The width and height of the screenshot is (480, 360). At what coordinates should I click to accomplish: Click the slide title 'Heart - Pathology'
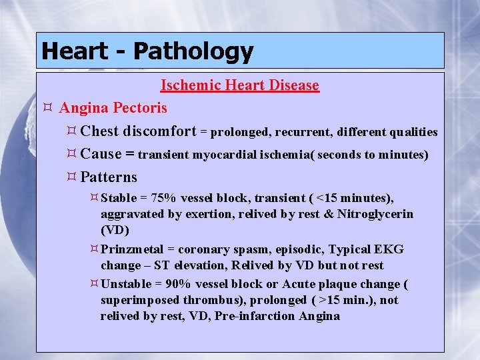(x=147, y=51)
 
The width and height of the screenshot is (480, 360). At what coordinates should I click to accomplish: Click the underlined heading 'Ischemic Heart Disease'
(x=240, y=85)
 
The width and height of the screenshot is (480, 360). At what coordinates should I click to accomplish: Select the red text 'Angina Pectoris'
(x=113, y=107)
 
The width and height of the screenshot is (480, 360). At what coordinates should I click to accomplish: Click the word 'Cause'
(x=101, y=154)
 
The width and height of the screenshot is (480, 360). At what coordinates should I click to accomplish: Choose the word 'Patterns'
(x=109, y=177)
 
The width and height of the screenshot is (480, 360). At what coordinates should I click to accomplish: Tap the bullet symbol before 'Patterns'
(x=71, y=177)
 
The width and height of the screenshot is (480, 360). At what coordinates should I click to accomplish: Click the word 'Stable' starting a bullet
(x=119, y=198)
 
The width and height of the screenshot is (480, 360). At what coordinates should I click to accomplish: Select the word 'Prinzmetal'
(x=132, y=249)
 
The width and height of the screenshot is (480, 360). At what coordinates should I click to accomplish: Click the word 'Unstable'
(x=125, y=284)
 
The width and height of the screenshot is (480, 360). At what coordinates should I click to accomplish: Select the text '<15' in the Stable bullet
(x=327, y=198)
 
